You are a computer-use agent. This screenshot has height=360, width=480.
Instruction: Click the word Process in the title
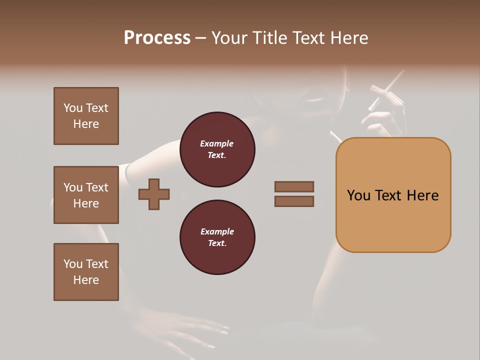157,38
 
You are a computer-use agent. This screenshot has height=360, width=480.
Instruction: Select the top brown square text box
86,116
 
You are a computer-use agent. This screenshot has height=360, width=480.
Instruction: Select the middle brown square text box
86,195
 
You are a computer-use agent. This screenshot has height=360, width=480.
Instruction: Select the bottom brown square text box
86,272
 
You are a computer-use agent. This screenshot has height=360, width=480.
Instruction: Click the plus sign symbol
154,194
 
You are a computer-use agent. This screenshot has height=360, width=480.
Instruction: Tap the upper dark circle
217,149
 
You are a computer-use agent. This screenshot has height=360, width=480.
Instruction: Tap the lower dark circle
217,237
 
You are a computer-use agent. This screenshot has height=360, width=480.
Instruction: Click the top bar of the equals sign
294,187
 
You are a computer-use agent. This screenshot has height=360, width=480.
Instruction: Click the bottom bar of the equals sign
294,201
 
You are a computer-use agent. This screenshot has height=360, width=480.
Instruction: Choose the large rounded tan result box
393,195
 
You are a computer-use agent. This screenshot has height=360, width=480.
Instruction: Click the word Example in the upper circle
217,143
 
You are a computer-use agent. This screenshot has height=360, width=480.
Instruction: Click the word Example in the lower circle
217,231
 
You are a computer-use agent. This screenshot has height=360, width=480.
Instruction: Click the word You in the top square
73,108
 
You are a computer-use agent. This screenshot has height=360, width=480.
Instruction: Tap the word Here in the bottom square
86,280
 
